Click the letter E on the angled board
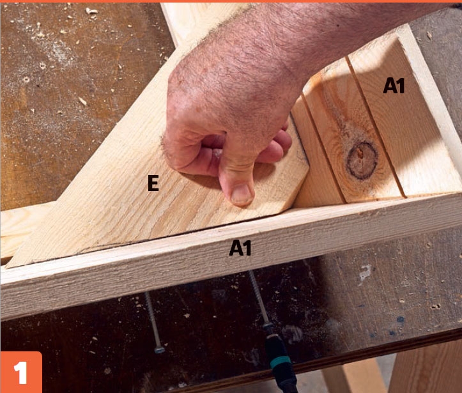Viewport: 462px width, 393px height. point(153,183)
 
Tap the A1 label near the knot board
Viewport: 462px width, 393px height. point(394,86)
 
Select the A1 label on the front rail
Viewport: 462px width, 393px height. point(240,248)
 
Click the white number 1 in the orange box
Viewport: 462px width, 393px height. point(20,373)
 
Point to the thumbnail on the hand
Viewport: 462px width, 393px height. point(242,194)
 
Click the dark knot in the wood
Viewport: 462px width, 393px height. point(362,160)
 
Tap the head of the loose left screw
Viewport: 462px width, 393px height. point(159,350)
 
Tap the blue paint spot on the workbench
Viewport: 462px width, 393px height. point(401,320)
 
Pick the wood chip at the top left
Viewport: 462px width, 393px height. point(91,12)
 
